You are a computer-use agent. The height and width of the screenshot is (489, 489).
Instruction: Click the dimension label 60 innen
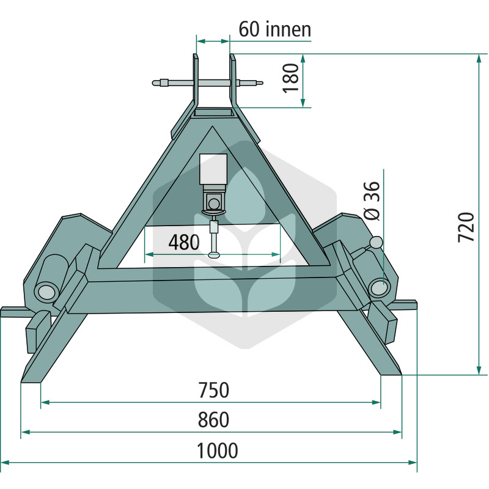pyautogui.click(x=274, y=29)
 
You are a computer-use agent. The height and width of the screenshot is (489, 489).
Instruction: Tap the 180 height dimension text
pyautogui.click(x=291, y=78)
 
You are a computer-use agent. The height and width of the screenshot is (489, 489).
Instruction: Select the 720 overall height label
pyautogui.click(x=466, y=227)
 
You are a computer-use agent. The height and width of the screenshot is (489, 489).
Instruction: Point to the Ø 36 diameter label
pyautogui.click(x=372, y=200)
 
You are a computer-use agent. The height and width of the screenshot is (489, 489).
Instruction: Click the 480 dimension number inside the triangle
pyautogui.click(x=184, y=242)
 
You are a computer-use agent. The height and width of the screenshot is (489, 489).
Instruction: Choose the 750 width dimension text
pyautogui.click(x=214, y=390)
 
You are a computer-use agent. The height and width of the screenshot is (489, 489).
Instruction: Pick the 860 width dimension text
pyautogui.click(x=213, y=419)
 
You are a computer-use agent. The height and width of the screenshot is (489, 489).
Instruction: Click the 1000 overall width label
pyautogui.click(x=218, y=450)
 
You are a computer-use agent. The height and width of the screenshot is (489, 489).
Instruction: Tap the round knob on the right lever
pyautogui.click(x=377, y=242)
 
